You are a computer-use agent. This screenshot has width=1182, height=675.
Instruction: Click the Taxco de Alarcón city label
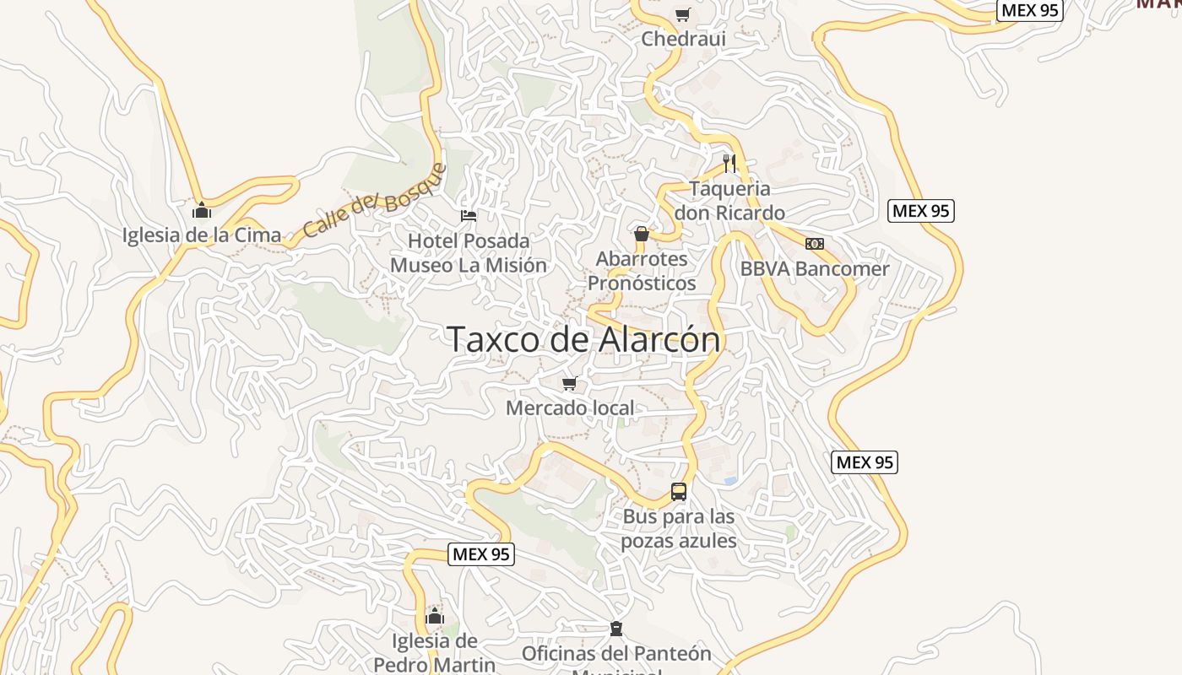(583, 339)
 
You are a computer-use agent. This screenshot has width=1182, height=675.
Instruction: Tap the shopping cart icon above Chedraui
(682, 14)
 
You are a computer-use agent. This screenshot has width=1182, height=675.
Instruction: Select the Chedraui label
(683, 38)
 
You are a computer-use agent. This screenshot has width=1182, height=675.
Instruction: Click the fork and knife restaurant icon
(729, 163)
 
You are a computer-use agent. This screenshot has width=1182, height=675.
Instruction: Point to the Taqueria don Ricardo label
(729, 201)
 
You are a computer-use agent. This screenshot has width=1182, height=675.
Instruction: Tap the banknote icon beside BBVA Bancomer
(815, 244)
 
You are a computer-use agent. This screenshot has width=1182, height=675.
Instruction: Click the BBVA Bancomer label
(815, 269)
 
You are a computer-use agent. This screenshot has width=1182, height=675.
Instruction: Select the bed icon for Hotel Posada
(469, 216)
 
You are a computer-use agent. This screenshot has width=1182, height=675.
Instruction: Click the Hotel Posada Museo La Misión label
(469, 253)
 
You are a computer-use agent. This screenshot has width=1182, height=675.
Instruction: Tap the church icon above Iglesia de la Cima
(201, 209)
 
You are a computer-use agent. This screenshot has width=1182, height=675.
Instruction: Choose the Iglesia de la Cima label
(202, 235)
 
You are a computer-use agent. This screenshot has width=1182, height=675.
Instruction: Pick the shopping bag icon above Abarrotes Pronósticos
(642, 234)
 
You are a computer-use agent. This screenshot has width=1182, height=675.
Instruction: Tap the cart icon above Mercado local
(570, 384)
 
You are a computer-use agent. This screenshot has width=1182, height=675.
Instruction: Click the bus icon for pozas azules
(679, 491)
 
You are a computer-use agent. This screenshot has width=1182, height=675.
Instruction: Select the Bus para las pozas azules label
(679, 528)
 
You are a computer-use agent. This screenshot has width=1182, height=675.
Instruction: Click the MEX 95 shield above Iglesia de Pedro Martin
(480, 554)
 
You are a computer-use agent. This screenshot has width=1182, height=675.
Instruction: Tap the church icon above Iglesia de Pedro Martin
(435, 615)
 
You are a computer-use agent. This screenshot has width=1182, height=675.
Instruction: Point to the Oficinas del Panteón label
(616, 654)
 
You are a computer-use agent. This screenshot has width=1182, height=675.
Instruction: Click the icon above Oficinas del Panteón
(616, 629)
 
